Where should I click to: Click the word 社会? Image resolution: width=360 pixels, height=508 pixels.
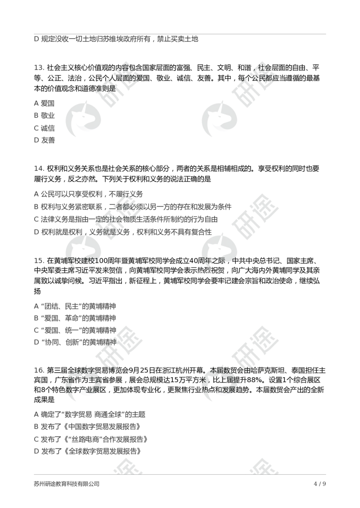(265, 68)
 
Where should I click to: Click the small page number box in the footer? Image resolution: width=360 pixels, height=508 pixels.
(320, 483)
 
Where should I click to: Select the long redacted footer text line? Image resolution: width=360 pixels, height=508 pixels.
(66, 484)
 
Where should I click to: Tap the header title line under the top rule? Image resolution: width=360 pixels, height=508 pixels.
(117, 40)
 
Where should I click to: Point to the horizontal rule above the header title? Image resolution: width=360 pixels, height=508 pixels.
(180, 34)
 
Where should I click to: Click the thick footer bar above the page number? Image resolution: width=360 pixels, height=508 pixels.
(180, 474)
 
